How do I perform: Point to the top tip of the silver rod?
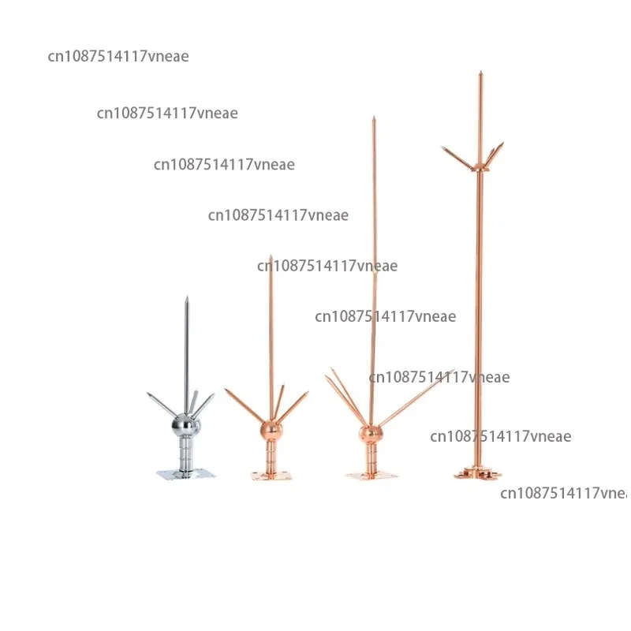[x=187, y=299]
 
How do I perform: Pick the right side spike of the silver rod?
[x=204, y=405]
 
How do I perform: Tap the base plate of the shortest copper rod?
[x=271, y=474]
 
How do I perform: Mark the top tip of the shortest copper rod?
[x=271, y=257]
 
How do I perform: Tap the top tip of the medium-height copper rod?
[x=374, y=118]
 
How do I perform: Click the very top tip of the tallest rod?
[x=480, y=73]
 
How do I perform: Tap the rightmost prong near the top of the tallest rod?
[x=498, y=150]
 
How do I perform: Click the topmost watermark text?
[x=118, y=56]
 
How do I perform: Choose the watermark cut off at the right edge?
[x=564, y=494]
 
